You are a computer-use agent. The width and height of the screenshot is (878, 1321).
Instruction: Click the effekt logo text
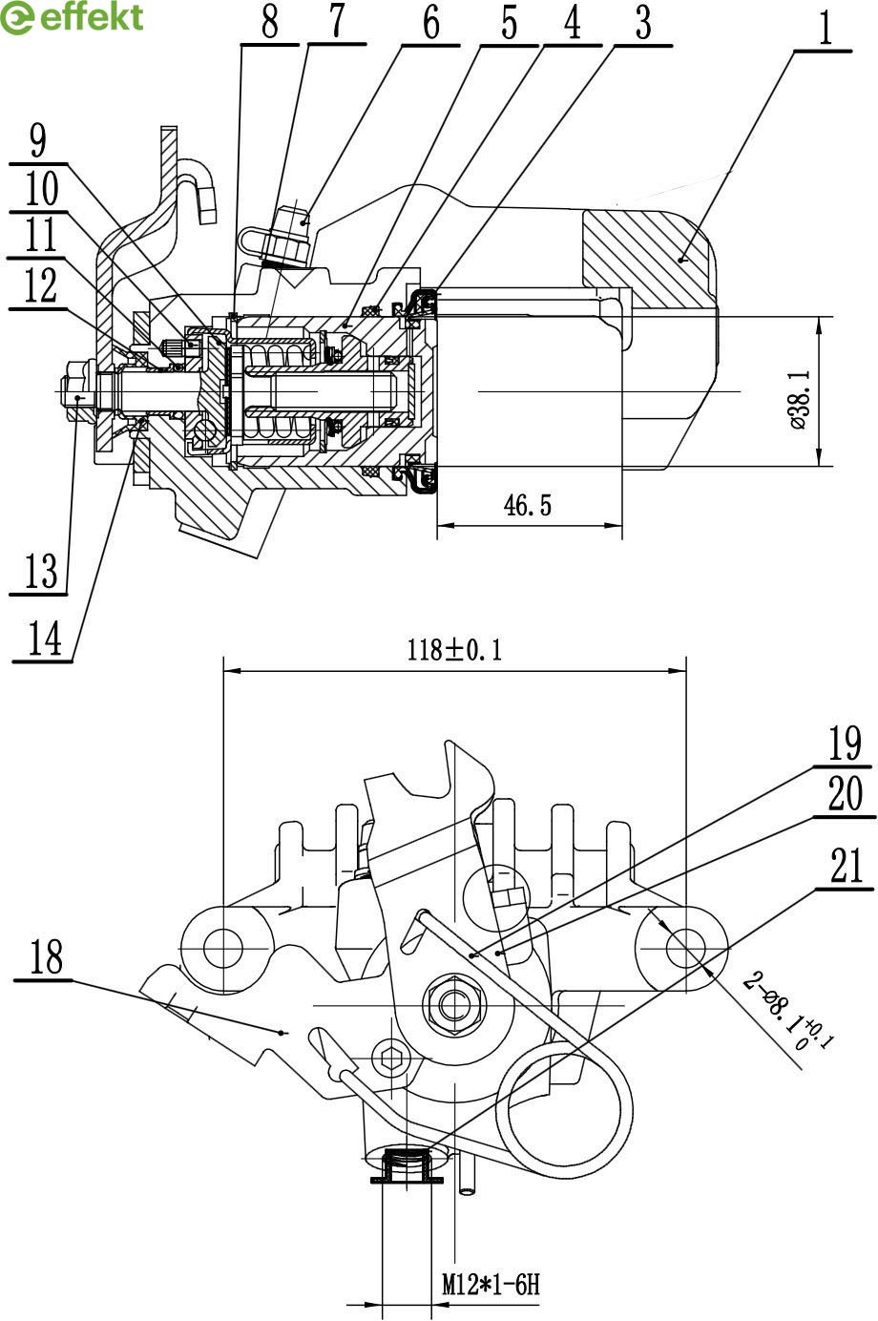pos(92,17)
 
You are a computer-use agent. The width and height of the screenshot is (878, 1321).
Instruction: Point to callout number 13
pos(41,570)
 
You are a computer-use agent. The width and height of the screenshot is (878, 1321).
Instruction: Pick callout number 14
pos(45,639)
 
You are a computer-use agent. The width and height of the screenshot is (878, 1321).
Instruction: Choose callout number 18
pos(46,956)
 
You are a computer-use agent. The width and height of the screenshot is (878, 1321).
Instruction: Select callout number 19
pos(845,744)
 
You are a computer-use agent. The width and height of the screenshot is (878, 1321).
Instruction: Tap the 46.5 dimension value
pos(528,506)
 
